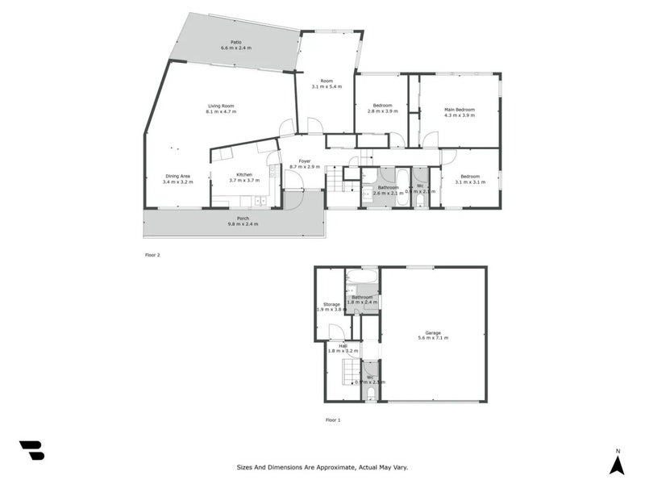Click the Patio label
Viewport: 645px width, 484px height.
tap(236, 42)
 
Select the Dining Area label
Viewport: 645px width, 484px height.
tap(177, 176)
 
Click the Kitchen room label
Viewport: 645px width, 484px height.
tap(244, 175)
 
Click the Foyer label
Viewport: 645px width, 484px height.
tap(305, 161)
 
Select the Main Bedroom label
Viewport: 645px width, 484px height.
tap(460, 110)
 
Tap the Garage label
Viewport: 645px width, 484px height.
tap(434, 332)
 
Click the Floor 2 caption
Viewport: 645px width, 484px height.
tap(152, 255)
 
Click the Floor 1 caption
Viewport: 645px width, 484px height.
tap(333, 420)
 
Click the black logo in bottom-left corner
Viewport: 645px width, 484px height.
tap(31, 451)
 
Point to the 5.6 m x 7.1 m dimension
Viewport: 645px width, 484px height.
tap(434, 338)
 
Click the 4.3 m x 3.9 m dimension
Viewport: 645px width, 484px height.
tap(460, 116)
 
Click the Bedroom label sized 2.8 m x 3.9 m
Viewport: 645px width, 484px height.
tap(383, 106)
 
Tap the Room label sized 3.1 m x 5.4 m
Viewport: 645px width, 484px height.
tap(327, 81)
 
